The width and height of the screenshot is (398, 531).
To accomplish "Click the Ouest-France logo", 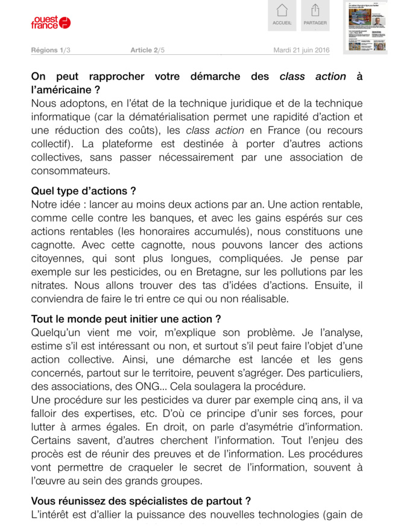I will [x=51, y=22].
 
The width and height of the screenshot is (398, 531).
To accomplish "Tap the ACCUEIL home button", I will [x=282, y=16].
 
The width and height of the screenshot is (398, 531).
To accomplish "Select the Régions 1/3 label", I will [x=51, y=50].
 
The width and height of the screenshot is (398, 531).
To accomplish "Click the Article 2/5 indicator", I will [x=147, y=50].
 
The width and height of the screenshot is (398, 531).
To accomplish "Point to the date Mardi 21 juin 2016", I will [x=302, y=50].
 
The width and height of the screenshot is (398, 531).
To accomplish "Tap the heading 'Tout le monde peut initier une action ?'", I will [x=126, y=319].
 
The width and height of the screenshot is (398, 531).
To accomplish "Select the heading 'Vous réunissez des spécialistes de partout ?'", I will [x=141, y=501].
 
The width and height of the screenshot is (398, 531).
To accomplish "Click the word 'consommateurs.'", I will [x=70, y=171].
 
